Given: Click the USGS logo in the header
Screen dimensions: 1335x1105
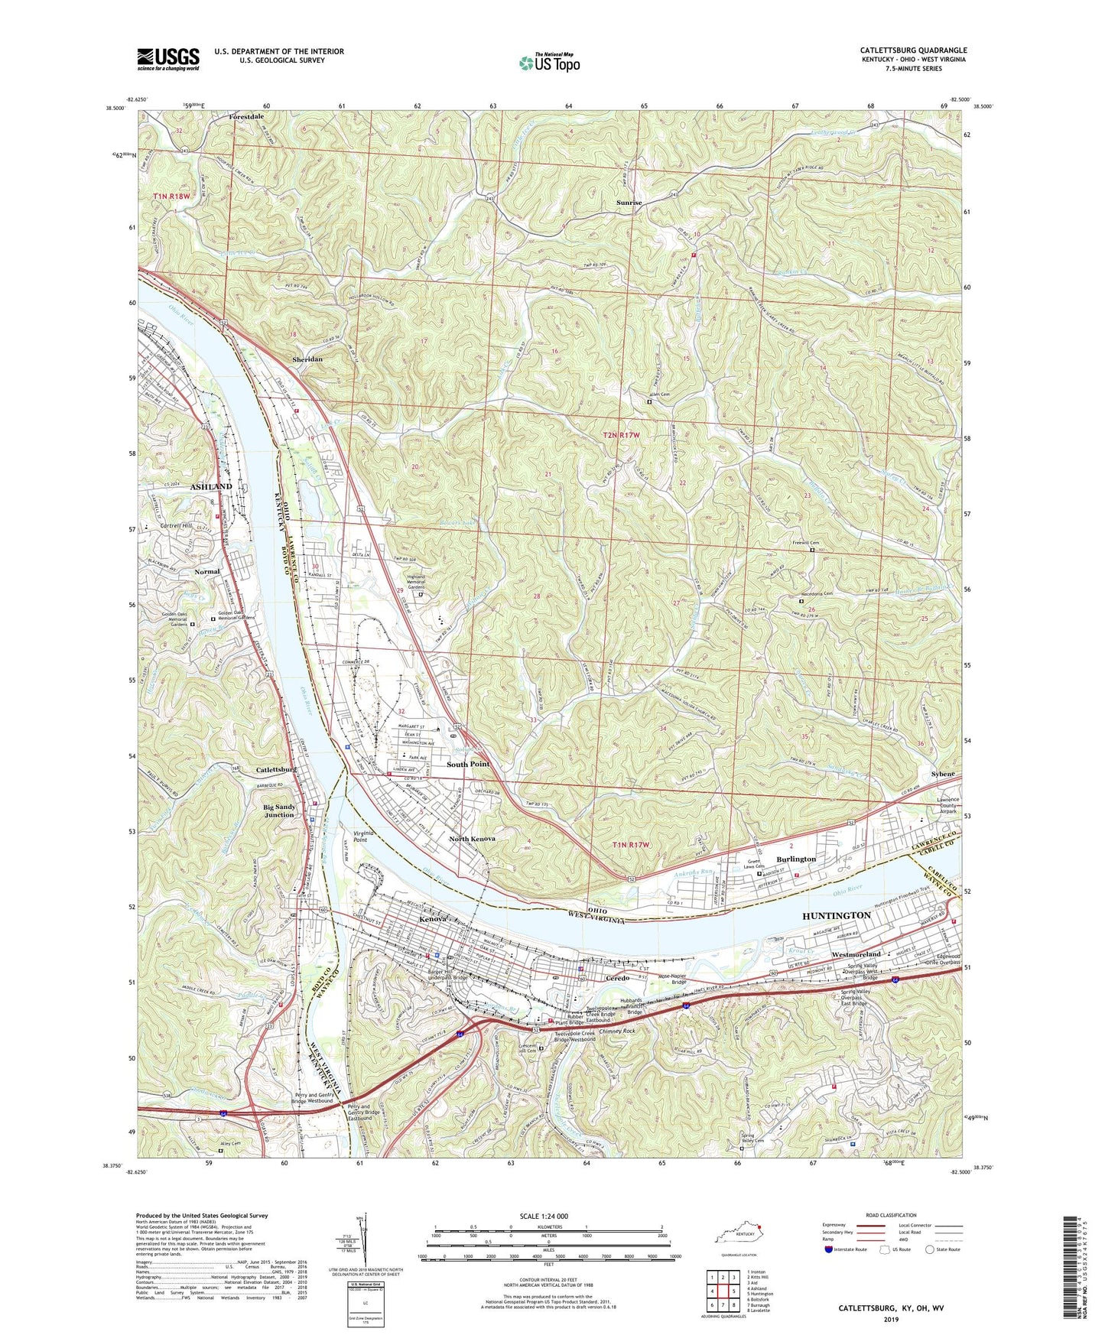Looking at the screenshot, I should click(x=168, y=59).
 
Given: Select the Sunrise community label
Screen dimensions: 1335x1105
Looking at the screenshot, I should click(x=629, y=203).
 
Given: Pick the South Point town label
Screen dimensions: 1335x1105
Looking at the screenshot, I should click(x=468, y=764).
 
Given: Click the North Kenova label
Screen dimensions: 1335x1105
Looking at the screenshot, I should click(x=471, y=839).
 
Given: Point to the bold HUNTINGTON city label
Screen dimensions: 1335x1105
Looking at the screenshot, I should click(x=837, y=915).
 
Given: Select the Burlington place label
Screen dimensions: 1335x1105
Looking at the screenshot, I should click(x=796, y=859).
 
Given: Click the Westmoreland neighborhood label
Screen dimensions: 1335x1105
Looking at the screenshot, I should click(x=856, y=954).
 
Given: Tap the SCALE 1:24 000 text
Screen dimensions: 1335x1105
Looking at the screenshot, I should click(x=544, y=1216).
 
